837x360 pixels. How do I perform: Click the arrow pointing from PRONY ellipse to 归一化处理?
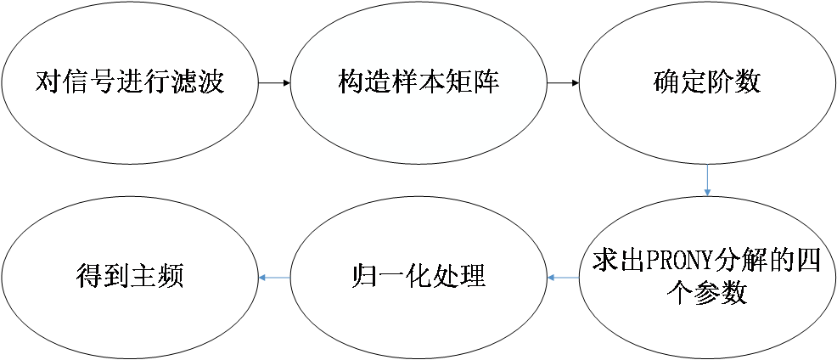562,277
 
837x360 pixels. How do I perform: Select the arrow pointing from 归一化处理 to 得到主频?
274,277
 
